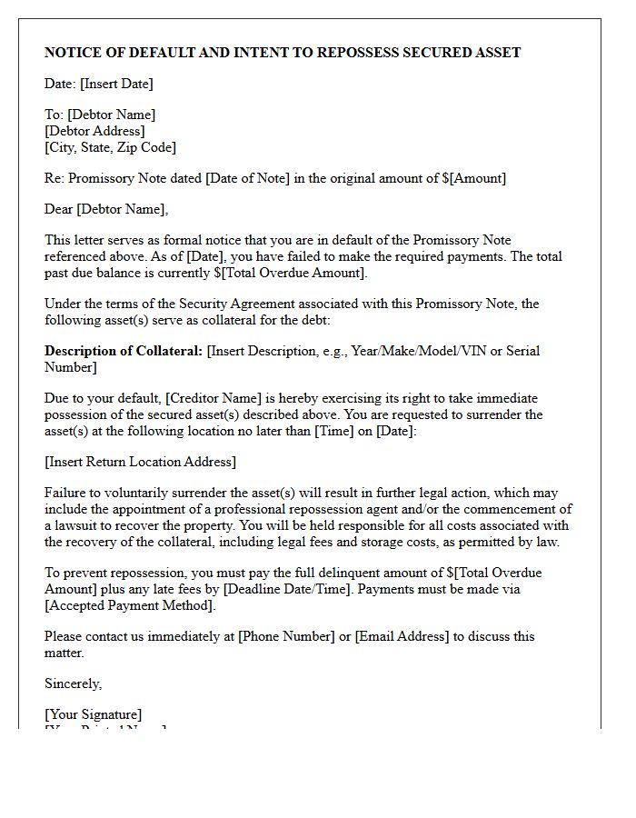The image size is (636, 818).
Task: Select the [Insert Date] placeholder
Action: (x=116, y=84)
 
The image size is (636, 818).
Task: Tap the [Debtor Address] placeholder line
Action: (x=94, y=131)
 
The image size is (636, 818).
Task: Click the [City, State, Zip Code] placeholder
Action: (x=110, y=147)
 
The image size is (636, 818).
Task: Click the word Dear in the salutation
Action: (x=59, y=209)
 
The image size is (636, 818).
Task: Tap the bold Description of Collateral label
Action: (x=124, y=351)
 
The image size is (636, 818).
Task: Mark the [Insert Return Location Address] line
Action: (x=140, y=462)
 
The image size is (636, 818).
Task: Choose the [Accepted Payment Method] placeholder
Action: (x=130, y=605)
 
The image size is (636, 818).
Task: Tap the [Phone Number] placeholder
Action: (x=286, y=636)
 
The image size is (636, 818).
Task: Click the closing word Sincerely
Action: (x=73, y=683)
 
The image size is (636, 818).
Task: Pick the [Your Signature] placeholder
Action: (x=93, y=714)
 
